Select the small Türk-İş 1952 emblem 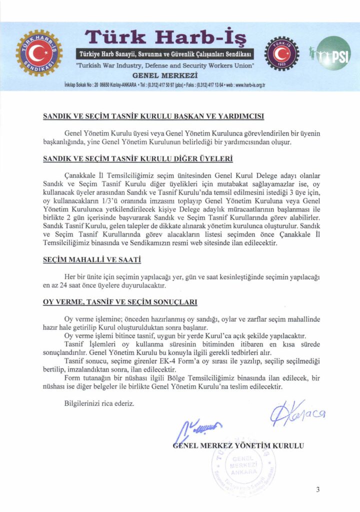[x=281, y=54]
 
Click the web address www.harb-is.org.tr [x=245, y=85]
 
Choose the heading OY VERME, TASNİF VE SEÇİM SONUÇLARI [x=120, y=302]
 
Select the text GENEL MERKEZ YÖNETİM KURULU [x=238, y=444]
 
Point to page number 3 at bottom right [x=317, y=489]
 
